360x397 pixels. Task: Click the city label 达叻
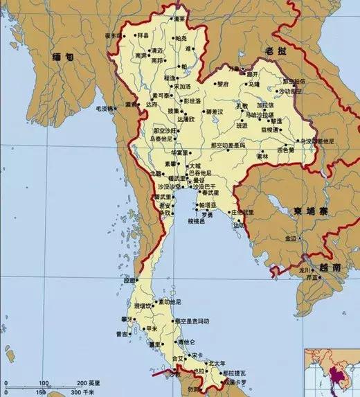[240, 226]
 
